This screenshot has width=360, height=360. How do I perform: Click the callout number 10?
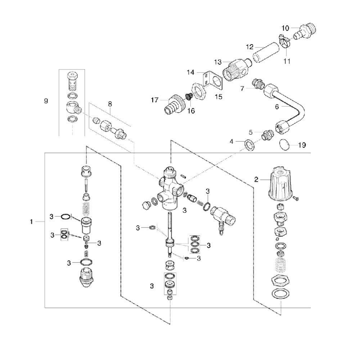click(285, 28)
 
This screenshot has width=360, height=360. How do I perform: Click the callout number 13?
click(218, 62)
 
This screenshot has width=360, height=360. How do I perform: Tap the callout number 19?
click(302, 145)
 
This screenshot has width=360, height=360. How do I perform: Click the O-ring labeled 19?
click(284, 145)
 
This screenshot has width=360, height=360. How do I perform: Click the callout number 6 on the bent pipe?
click(277, 107)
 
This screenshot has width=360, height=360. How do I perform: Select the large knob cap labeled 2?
click(281, 183)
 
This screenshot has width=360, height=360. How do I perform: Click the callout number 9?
click(46, 101)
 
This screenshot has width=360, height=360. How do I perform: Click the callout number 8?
click(110, 104)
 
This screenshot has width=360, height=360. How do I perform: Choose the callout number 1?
click(31, 222)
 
